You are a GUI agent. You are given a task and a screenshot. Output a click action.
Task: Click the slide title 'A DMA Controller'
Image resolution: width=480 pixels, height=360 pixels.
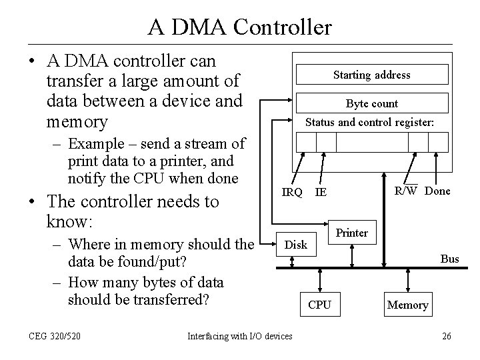(240, 27)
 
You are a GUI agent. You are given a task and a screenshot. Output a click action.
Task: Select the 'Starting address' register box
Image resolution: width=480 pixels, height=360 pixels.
(372, 75)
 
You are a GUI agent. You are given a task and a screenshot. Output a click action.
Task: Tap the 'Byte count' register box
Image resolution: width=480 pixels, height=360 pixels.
(372, 103)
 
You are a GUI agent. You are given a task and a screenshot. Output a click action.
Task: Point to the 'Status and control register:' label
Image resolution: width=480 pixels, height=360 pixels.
(369, 123)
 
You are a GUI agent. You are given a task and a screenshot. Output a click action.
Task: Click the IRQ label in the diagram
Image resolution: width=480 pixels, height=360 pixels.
(292, 193)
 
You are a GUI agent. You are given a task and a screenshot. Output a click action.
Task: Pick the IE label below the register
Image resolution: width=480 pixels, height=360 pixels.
(321, 193)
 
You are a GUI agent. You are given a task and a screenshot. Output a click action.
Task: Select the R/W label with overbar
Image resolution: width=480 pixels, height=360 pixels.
(405, 191)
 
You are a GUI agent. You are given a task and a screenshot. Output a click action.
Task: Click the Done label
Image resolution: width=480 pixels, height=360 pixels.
(437, 191)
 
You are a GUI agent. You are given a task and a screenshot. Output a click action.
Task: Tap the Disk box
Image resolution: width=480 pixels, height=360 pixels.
(296, 245)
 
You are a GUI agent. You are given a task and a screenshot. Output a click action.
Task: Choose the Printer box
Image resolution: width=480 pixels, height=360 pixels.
(351, 233)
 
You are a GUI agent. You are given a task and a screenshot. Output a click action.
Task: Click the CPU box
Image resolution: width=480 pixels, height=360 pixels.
(319, 305)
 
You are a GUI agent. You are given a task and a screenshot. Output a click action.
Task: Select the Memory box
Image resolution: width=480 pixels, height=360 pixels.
(407, 305)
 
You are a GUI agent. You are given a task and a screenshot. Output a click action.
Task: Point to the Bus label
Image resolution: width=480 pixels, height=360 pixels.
(450, 259)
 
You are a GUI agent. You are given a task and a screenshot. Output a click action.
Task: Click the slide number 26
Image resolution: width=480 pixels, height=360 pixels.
(446, 336)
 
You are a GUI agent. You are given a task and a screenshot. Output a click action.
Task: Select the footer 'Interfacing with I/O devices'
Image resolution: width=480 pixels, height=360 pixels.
(239, 336)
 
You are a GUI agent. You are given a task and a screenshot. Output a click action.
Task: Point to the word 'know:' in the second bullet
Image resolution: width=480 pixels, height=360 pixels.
(71, 219)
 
